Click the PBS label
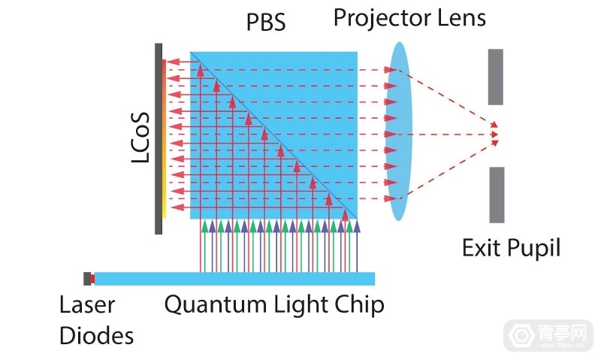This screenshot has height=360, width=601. (x=267, y=23)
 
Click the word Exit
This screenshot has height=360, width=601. (x=482, y=247)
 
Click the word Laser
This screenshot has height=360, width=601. (x=87, y=304)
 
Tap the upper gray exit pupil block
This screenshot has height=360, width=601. (x=495, y=77)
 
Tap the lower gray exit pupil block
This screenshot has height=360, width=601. (x=496, y=195)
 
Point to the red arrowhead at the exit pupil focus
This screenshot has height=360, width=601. (x=494, y=135)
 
